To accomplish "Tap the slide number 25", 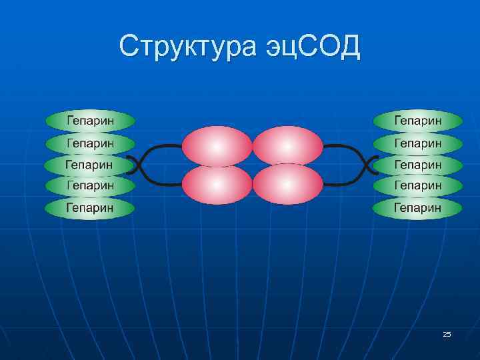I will pos(447,333).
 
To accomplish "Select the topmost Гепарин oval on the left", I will pos(90,121).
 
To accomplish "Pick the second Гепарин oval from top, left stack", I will pos(90,143).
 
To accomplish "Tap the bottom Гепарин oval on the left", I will pos(90,207).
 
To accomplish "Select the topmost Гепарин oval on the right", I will pos(418,121).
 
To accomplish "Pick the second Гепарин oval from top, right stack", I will pos(418,143).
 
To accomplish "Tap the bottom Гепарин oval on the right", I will pos(418,207).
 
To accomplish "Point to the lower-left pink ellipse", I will pos(217,184).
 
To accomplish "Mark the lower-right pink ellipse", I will pos(287,184).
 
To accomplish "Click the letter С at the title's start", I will pos(129,47).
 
